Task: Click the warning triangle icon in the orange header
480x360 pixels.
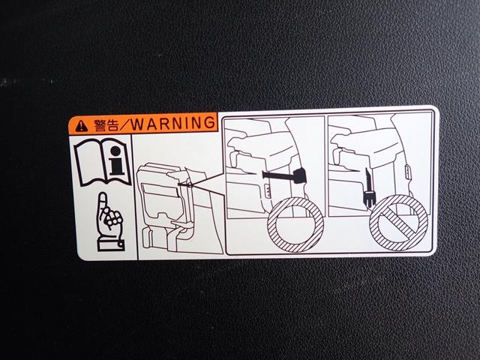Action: point(81,125)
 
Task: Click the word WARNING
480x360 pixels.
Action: point(173,123)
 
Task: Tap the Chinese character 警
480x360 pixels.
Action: point(100,125)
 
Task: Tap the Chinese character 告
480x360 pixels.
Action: point(112,125)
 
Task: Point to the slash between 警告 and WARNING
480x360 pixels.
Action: point(124,124)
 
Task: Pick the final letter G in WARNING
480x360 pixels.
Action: point(209,122)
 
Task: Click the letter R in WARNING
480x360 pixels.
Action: point(165,124)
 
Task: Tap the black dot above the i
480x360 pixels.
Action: point(115,151)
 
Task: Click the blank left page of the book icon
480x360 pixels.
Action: point(89,162)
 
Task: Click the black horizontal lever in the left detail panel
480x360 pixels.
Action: point(283,175)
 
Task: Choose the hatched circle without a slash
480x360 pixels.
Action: point(295,225)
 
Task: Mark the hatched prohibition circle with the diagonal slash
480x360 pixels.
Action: point(398,223)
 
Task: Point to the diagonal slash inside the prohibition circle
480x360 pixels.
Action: point(398,223)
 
